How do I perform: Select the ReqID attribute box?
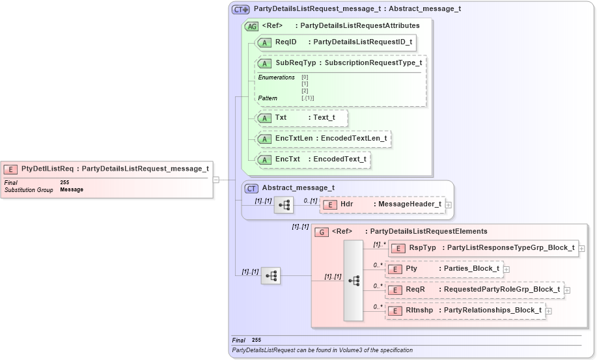(335, 42)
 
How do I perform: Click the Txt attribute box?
(301, 118)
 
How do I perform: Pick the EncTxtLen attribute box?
(324, 139)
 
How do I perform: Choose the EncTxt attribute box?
(312, 159)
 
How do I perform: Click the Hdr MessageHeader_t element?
(383, 204)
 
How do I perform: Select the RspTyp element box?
(482, 248)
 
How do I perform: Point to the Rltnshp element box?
(465, 311)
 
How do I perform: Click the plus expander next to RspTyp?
(582, 248)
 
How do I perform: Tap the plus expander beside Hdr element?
(449, 204)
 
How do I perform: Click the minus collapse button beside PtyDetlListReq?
(215, 180)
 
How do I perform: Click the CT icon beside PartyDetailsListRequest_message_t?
(241, 9)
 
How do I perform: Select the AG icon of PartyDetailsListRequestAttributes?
(251, 26)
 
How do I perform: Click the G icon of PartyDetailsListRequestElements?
(321, 232)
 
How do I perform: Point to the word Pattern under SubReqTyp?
(268, 98)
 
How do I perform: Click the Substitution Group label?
(29, 190)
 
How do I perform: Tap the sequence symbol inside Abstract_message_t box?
(284, 204)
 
